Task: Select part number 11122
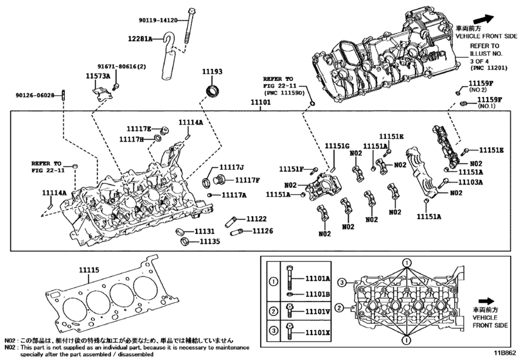click(x=257, y=219)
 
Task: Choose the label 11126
click(x=263, y=231)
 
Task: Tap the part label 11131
click(x=204, y=231)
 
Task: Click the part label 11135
click(x=209, y=242)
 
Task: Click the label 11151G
click(x=337, y=146)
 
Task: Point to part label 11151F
click(x=291, y=169)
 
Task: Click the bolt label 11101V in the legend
click(x=317, y=312)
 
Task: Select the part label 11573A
click(x=98, y=76)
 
